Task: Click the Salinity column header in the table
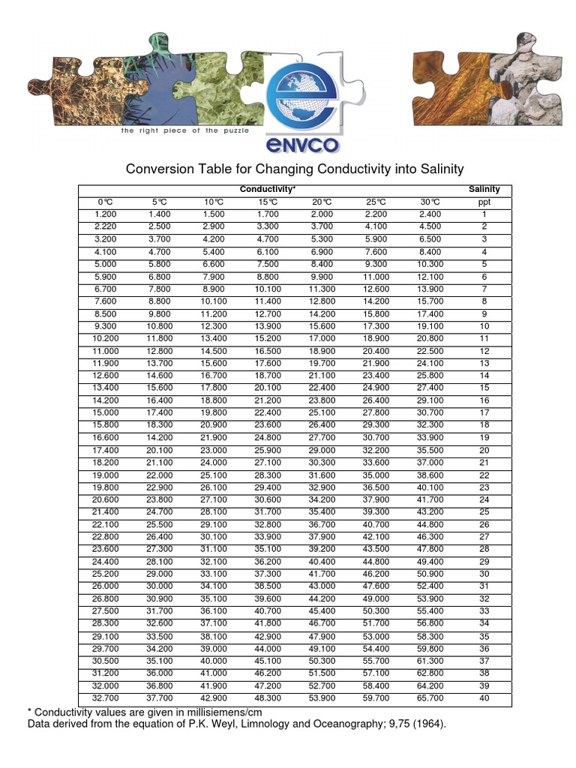tap(484, 189)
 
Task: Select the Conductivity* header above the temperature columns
tap(267, 189)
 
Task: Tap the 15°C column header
tap(268, 202)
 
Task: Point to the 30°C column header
tap(430, 202)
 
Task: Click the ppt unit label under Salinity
tap(484, 202)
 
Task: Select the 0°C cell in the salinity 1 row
tap(104, 214)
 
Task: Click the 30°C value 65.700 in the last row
tap(430, 697)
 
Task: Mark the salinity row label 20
tap(484, 450)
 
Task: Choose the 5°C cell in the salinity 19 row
tap(159, 437)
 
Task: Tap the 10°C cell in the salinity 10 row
tap(214, 326)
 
